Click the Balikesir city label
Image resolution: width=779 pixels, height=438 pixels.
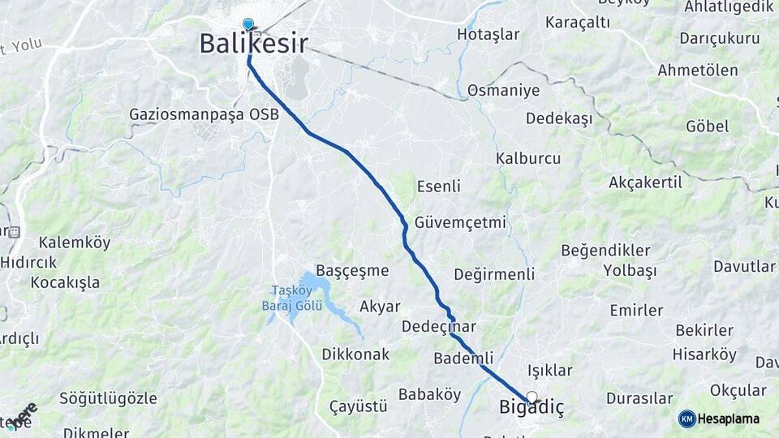tap(253, 44)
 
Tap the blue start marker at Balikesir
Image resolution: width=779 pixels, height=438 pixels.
tap(247, 24)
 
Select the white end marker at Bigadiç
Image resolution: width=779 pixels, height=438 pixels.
tap(532, 397)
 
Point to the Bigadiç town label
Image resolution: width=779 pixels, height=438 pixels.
tap(530, 409)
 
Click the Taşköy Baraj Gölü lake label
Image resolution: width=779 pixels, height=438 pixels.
tap(297, 298)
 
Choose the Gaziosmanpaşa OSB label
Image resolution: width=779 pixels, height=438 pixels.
tap(204, 114)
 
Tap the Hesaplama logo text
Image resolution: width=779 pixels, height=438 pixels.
tap(729, 419)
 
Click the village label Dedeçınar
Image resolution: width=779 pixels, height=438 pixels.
tap(438, 327)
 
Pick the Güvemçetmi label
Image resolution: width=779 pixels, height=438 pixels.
tap(460, 222)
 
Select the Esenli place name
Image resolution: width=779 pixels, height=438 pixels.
tap(438, 187)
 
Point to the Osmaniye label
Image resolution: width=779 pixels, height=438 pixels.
tap(503, 90)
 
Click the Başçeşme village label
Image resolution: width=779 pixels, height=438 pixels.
tap(352, 270)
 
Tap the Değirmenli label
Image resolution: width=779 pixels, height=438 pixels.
tap(494, 274)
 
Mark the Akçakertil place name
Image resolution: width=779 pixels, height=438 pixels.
tap(645, 182)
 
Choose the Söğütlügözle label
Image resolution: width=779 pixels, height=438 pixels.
tap(108, 399)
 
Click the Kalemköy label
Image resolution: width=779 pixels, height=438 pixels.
tap(74, 243)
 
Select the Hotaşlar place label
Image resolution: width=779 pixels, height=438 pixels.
tap(488, 34)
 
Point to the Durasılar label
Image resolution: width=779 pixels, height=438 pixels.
tap(639, 399)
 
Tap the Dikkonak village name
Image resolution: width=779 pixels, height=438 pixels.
tap(355, 354)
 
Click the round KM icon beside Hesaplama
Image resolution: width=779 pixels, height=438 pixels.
tap(686, 419)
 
